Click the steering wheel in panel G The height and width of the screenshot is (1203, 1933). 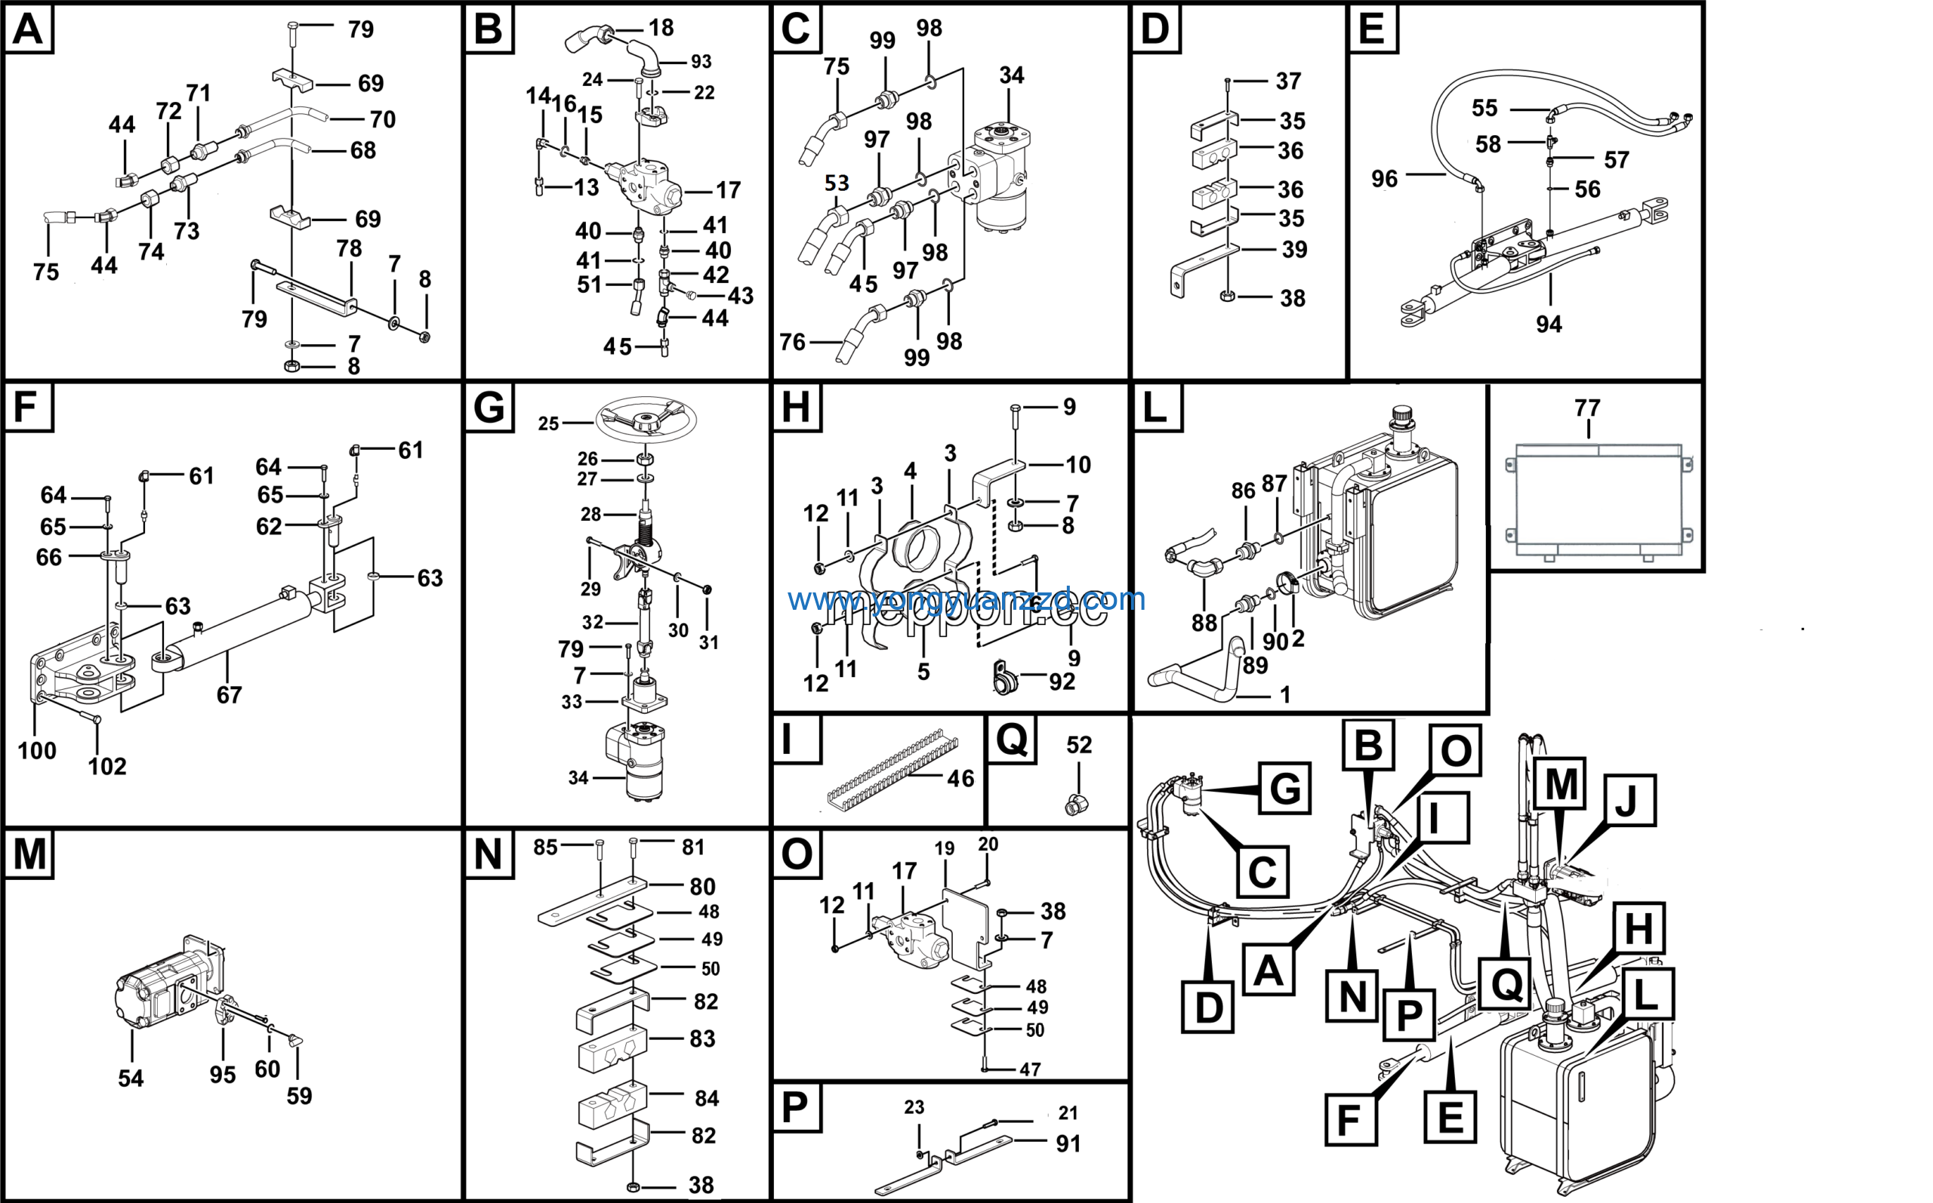646,419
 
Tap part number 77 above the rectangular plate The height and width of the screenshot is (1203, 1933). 1587,408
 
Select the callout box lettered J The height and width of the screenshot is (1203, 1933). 1629,800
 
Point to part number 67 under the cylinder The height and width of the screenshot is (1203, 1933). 230,695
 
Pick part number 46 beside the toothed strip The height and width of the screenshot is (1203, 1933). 960,778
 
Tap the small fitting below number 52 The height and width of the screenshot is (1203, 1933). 1076,805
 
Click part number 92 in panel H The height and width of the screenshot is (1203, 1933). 1062,681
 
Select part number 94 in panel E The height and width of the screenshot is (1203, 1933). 1549,324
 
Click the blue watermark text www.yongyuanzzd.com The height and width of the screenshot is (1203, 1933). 966,599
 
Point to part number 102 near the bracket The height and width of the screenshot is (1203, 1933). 106,766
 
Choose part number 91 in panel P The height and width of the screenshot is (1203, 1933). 1068,1143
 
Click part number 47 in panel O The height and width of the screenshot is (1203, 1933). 1030,1069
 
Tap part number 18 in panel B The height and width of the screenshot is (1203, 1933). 661,28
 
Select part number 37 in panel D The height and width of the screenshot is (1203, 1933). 1288,82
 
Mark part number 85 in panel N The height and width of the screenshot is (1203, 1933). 545,848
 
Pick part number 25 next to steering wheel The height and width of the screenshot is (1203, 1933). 548,423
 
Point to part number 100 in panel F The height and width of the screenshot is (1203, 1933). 36,750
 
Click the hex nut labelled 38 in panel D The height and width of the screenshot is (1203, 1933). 1227,297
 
